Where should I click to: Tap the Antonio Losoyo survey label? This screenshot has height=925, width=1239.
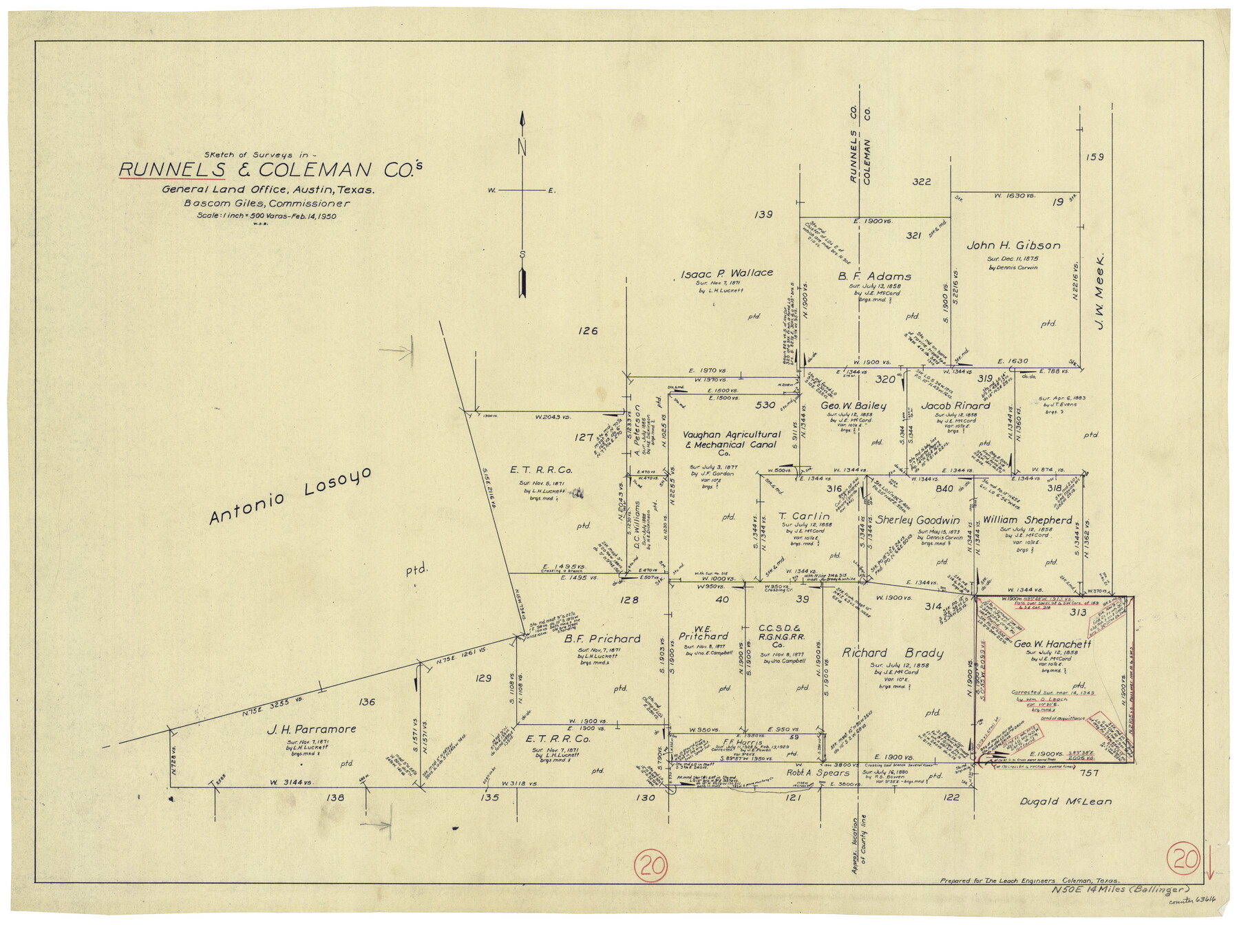click(290, 496)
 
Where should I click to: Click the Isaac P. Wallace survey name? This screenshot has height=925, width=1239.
click(726, 273)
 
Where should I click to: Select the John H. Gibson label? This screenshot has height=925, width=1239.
click(1013, 246)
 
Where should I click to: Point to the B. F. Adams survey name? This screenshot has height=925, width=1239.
click(874, 276)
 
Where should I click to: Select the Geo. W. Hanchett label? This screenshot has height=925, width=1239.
click(1052, 644)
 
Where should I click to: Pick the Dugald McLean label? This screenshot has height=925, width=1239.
click(1065, 801)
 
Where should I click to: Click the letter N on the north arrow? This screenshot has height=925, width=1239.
click(522, 147)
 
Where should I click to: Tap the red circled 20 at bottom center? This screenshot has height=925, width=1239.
click(651, 865)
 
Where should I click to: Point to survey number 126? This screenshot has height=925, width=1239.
click(587, 331)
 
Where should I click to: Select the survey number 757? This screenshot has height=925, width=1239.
click(1090, 773)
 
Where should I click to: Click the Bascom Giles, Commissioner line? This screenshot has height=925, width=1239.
click(266, 204)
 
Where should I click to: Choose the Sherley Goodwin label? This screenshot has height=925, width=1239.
click(917, 520)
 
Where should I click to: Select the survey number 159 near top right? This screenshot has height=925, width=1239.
click(1095, 157)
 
